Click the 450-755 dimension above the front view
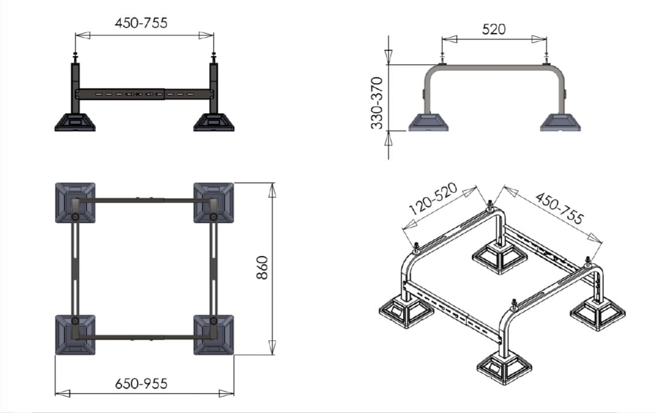[142, 23]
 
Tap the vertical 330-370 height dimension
[377, 102]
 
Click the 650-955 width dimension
[142, 383]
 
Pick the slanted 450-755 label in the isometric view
[559, 208]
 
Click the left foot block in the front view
[75, 122]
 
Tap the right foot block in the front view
[213, 122]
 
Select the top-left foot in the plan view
[75, 202]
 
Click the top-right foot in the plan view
[213, 202]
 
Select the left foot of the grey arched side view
[428, 122]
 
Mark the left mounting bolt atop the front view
[75, 57]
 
